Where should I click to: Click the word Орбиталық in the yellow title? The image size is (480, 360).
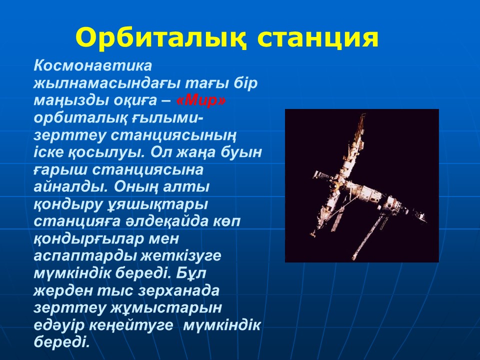160,37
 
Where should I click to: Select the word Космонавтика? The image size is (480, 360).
93,65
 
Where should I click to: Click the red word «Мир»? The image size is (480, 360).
201,100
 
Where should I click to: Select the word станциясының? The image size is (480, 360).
173,136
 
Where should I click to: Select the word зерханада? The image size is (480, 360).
178,290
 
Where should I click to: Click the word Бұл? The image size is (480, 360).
191,273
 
